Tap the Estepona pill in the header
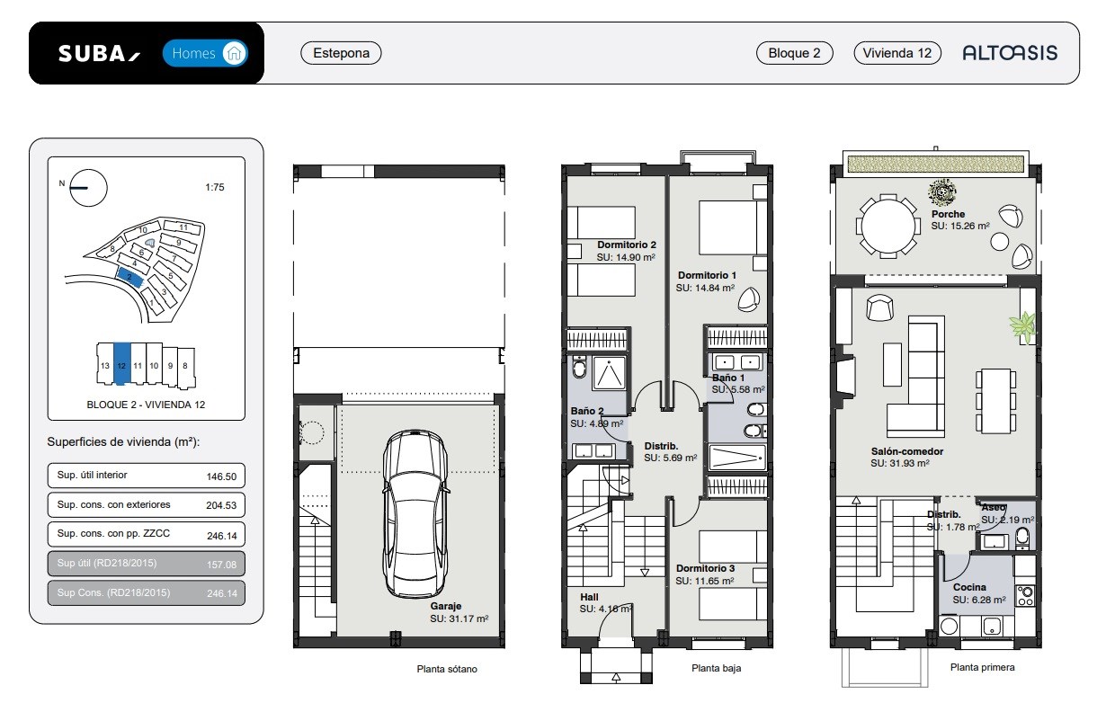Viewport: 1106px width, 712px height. click(x=341, y=53)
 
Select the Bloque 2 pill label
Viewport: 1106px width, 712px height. click(x=794, y=53)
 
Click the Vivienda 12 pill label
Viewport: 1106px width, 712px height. click(x=897, y=53)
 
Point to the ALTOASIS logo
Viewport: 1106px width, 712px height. click(x=1010, y=53)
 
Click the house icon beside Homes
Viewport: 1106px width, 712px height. click(x=234, y=53)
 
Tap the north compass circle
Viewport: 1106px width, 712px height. click(x=88, y=188)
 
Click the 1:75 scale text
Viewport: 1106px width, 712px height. click(x=215, y=187)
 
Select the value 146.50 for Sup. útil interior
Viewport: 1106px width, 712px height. click(x=221, y=476)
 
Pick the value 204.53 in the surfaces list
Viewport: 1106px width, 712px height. click(x=221, y=505)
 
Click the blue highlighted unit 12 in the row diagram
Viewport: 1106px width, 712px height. click(x=122, y=363)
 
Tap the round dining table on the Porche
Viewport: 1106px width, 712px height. click(x=887, y=227)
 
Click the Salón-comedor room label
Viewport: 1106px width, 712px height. click(x=907, y=451)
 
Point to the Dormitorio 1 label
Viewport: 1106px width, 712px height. click(x=707, y=275)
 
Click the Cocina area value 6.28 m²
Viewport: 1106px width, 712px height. click(x=979, y=600)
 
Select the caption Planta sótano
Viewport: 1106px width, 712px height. click(x=447, y=669)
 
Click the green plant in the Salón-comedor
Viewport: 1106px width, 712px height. click(x=1023, y=326)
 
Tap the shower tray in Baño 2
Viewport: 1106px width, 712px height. click(x=609, y=374)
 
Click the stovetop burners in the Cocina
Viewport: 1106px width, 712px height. click(x=1025, y=595)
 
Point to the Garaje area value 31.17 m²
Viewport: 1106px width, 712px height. click(x=459, y=619)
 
